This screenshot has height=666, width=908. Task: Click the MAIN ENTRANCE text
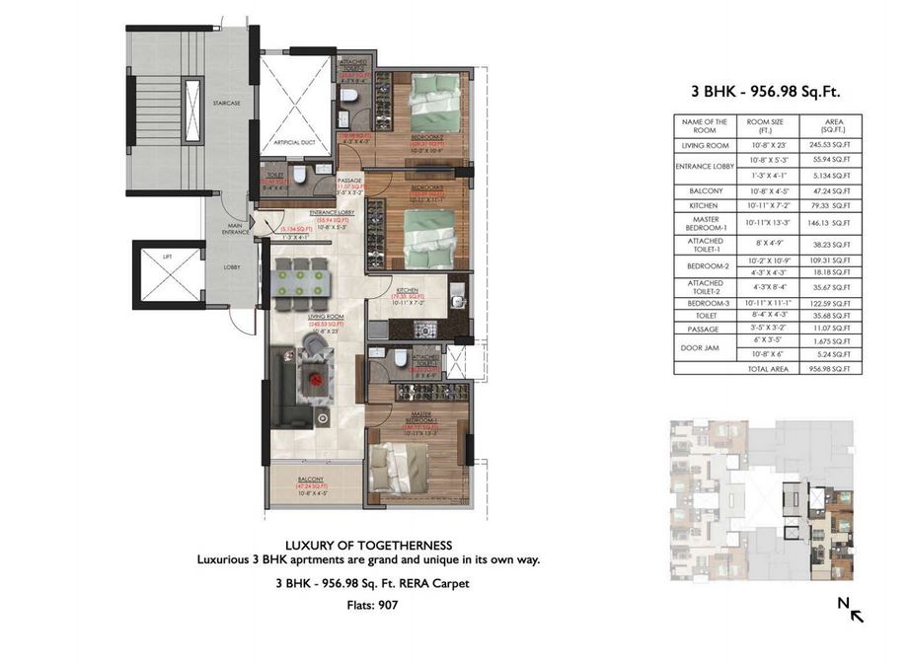pos(235,228)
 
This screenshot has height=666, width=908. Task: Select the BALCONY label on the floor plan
pos(311,479)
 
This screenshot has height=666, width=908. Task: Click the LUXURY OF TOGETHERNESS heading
pos(368,545)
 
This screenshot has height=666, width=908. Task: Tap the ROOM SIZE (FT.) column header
pos(766,125)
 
